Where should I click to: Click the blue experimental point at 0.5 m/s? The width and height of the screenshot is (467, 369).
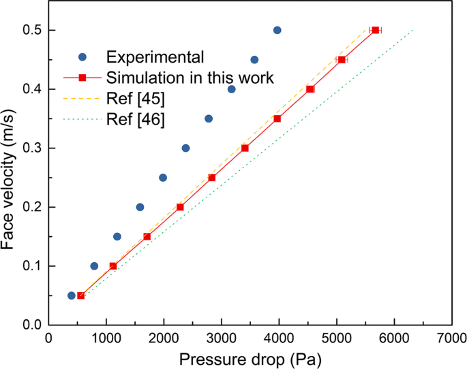[277, 30]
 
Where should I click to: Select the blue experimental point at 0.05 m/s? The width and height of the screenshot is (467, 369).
[71, 295]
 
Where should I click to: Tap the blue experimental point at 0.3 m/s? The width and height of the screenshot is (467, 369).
[185, 148]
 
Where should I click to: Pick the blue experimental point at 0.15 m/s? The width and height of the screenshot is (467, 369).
[117, 236]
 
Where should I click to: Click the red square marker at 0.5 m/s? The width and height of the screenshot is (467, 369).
[375, 30]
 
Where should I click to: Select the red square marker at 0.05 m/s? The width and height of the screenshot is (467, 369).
[80, 295]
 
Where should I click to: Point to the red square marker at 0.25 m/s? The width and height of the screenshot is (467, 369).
[211, 178]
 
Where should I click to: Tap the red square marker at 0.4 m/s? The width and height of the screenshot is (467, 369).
[310, 89]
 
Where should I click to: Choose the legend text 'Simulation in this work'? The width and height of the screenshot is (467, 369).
[190, 78]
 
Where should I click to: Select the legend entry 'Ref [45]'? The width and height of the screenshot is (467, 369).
[135, 99]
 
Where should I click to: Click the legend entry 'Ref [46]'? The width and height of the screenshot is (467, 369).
[135, 121]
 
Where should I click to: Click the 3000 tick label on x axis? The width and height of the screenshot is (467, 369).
[221, 338]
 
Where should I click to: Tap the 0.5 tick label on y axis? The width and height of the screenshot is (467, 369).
[29, 31]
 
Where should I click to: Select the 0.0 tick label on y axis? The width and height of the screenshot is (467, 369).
[29, 325]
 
